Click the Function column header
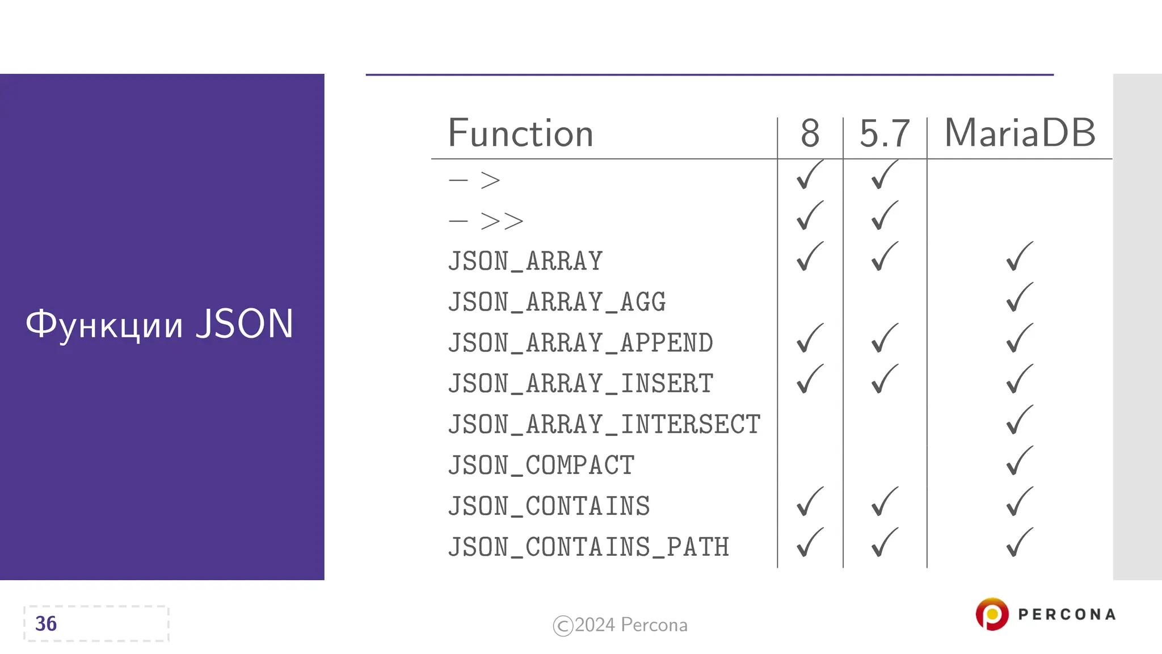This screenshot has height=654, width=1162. tap(520, 134)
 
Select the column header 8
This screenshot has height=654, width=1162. tap(810, 134)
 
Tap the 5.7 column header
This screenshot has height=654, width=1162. tap(885, 134)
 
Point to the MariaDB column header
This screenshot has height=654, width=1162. tap(1020, 134)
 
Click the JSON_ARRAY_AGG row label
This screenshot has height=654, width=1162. tap(557, 302)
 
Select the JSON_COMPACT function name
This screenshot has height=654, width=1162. tap(541, 466)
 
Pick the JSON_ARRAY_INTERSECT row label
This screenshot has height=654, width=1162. tap(604, 425)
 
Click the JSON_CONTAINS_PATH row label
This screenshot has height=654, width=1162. tap(588, 547)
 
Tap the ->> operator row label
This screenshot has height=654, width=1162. tap(486, 221)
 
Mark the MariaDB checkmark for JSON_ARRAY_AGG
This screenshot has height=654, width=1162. tap(1019, 297)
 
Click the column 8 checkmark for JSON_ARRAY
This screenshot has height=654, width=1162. tap(809, 257)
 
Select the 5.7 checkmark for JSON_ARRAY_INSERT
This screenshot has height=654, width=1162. tap(884, 379)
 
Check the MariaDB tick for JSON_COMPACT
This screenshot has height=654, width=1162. tap(1019, 461)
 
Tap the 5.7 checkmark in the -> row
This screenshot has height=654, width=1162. tap(884, 175)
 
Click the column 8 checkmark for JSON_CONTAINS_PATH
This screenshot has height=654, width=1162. tap(809, 543)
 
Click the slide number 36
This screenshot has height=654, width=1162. tap(46, 624)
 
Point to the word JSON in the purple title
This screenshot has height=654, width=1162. tap(245, 324)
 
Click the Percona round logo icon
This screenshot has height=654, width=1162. tap(992, 614)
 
